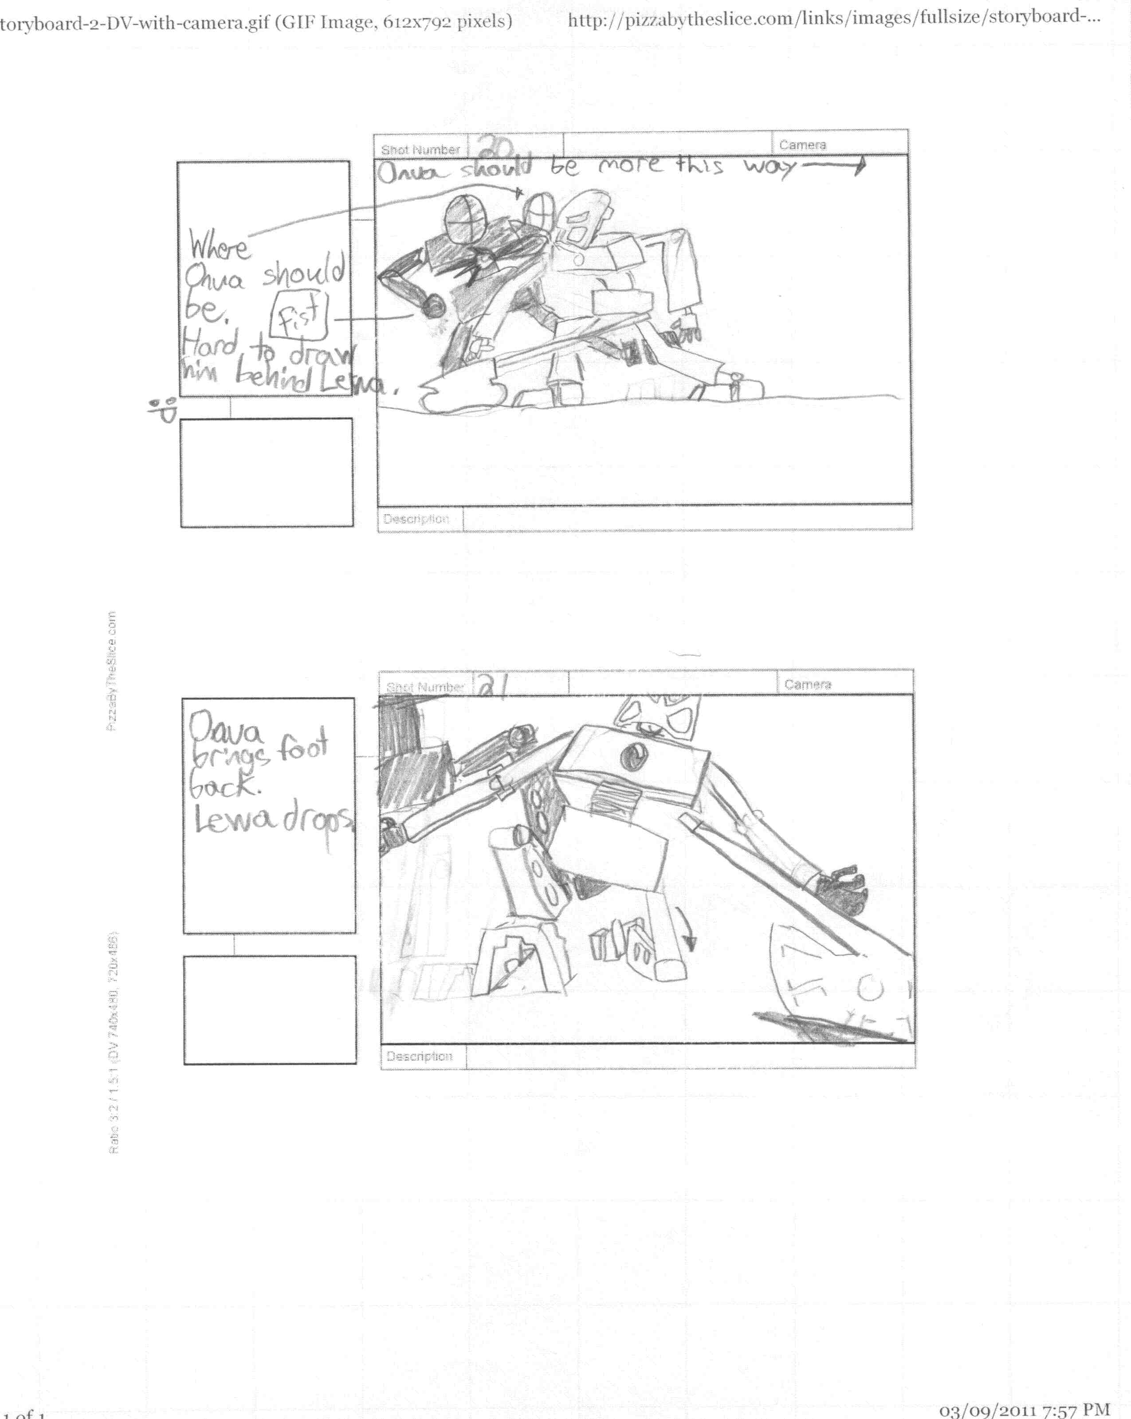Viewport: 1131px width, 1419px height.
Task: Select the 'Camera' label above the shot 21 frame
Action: click(x=807, y=684)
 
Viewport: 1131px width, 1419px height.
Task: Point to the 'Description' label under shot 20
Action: click(x=416, y=519)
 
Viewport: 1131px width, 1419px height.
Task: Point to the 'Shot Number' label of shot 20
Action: click(x=420, y=149)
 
